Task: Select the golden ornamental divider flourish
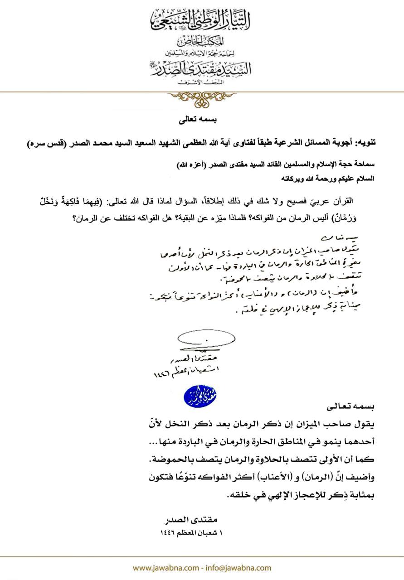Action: pos(202,97)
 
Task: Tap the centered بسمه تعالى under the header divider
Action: pos(202,121)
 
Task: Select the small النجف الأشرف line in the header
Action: pos(202,82)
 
